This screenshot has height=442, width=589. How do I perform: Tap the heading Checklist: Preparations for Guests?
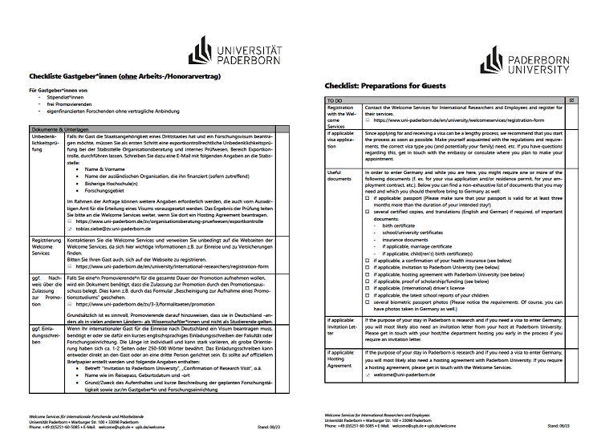pos(387,84)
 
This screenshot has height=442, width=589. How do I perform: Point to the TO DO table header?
pos(335,100)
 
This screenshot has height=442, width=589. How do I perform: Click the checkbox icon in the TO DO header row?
pos(570,100)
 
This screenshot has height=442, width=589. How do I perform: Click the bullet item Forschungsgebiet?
pos(116,191)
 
